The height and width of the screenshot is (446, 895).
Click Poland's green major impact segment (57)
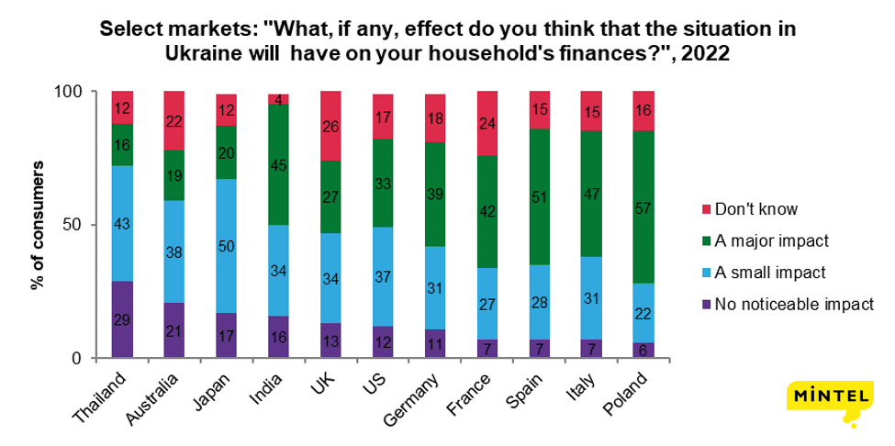pyautogui.click(x=644, y=207)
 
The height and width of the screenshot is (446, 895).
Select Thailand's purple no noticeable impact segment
pyautogui.click(x=122, y=319)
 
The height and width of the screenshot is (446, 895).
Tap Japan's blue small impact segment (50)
pyautogui.click(x=227, y=244)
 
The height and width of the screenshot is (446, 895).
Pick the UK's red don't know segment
pyautogui.click(x=331, y=126)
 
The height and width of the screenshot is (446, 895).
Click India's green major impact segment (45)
pyautogui.click(x=279, y=166)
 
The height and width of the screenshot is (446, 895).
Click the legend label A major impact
pyautogui.click(x=777, y=241)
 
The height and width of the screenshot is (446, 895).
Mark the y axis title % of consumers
pyautogui.click(x=38, y=225)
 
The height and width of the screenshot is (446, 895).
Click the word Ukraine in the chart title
pyautogui.click(x=204, y=53)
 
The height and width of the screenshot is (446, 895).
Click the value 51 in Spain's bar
pyautogui.click(x=540, y=197)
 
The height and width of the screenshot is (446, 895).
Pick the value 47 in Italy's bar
pyautogui.click(x=592, y=195)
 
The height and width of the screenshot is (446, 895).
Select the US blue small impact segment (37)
pyautogui.click(x=384, y=278)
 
